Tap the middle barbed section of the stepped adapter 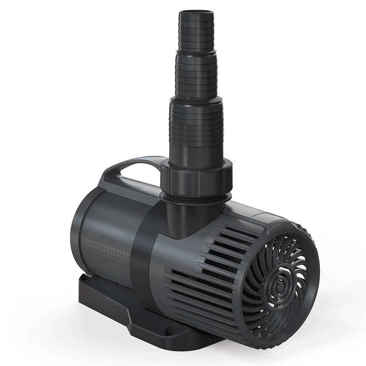pos(196,77)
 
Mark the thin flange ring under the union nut pos(196,198)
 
